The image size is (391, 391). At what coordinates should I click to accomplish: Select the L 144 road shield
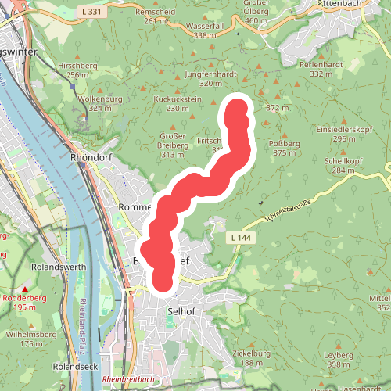[x=239, y=236]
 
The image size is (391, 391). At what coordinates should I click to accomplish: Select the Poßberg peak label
[x=284, y=144]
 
